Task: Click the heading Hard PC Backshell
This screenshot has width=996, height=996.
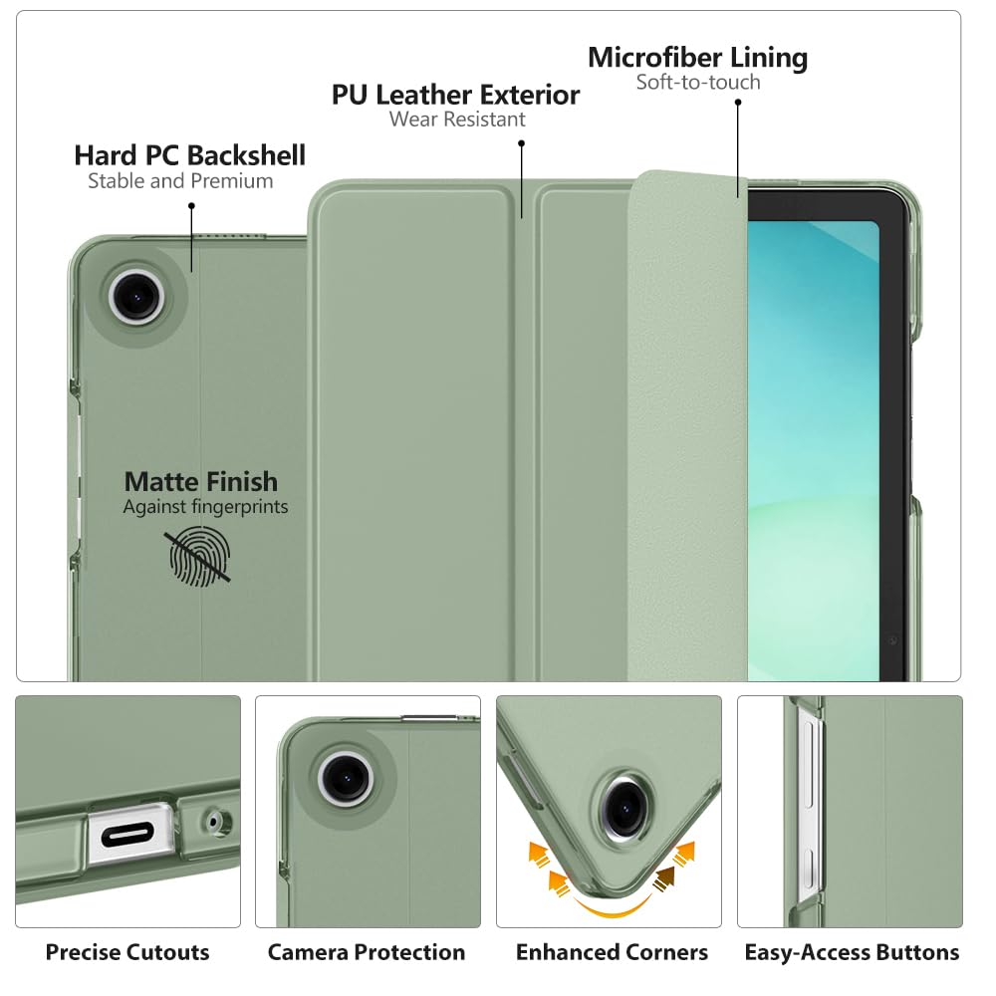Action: pos(189,156)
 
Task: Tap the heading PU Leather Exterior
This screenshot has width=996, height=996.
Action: pos(455,96)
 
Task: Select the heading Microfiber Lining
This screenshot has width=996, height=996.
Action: pos(697,58)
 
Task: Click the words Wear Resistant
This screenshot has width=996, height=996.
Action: pos(457,121)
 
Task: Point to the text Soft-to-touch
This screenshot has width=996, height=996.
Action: pos(698,83)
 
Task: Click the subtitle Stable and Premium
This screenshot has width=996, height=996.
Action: pos(180,181)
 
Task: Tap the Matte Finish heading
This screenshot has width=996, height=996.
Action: pos(201,483)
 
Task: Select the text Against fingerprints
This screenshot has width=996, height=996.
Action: pos(205,507)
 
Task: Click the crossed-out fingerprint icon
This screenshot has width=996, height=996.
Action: pos(199,556)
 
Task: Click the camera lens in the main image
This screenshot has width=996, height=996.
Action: pos(133,295)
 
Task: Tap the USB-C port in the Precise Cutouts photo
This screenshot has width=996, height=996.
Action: pos(127,831)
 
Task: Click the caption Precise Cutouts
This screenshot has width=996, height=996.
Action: pos(127,953)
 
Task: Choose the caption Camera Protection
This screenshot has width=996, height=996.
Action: pos(367,953)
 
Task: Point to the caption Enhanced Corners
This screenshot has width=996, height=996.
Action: pos(612,953)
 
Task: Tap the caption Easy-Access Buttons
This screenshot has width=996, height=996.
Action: pos(852,953)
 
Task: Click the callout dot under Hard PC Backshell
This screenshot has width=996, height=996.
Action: pos(191,205)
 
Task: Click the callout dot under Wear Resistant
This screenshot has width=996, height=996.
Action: pos(521,143)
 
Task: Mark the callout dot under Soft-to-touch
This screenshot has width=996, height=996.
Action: pos(738,102)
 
